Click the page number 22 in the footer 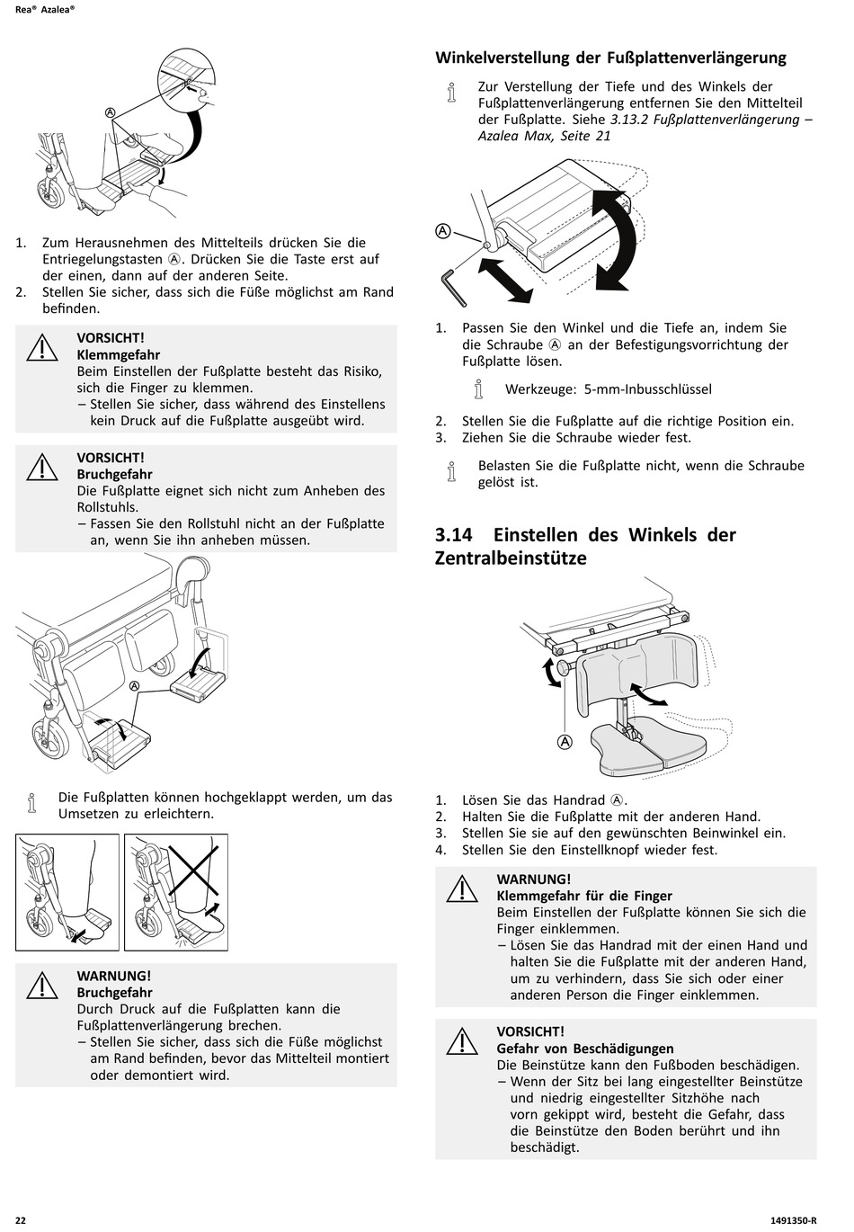(x=21, y=1220)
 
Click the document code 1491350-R (x=793, y=1220)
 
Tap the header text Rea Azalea (x=45, y=9)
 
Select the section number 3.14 (x=454, y=534)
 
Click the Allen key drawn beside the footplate (x=452, y=286)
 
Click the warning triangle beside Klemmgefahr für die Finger (x=462, y=888)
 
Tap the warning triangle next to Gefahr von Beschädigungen (x=462, y=1041)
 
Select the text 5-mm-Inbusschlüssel (x=648, y=389)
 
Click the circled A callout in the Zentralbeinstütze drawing (x=565, y=742)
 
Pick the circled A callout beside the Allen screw (x=442, y=231)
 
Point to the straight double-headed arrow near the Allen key (x=505, y=281)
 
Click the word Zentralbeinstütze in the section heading (x=511, y=558)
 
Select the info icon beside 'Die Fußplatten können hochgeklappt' (x=32, y=803)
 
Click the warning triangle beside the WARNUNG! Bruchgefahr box (x=41, y=986)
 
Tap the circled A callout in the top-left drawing (x=111, y=112)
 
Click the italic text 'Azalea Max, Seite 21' (x=545, y=136)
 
